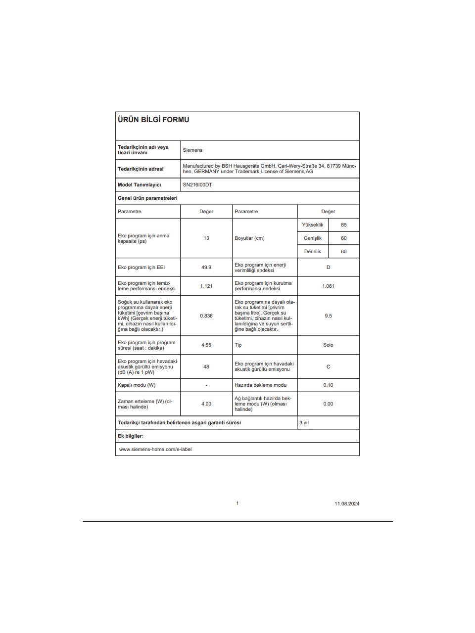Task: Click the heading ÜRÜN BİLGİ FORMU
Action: click(153, 120)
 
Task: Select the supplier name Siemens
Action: click(192, 150)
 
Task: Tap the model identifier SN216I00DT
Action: click(197, 184)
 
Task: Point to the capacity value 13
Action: click(206, 238)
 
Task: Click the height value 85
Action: click(344, 225)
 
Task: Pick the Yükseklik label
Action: click(313, 225)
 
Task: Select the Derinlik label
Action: click(313, 251)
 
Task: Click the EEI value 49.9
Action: click(206, 267)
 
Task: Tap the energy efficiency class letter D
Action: click(328, 267)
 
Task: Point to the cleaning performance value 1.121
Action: click(206, 286)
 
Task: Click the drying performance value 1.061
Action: click(328, 286)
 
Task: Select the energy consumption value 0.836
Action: click(206, 316)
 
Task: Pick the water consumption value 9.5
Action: click(328, 316)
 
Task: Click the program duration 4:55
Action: click(206, 345)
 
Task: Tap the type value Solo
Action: click(328, 345)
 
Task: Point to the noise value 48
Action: click(206, 366)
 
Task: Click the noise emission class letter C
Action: click(328, 366)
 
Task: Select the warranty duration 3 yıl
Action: click(304, 422)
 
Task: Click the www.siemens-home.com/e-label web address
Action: click(155, 449)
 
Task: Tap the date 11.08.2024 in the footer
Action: click(347, 503)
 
